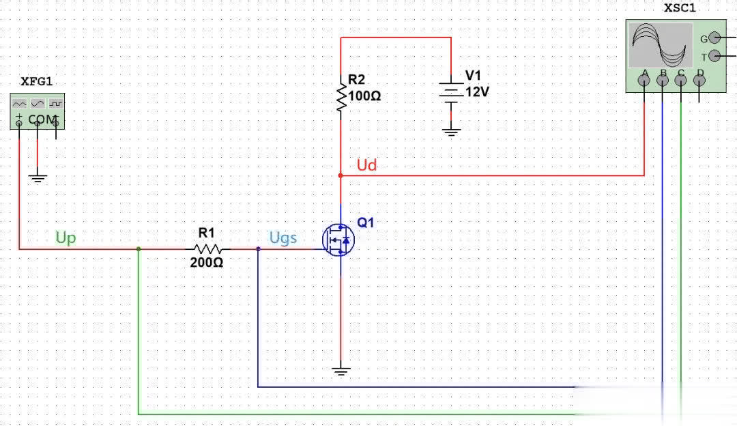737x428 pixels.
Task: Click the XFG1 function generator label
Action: tap(36, 81)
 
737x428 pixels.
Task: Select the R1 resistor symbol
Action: tap(206, 248)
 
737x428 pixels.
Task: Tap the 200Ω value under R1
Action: tap(206, 262)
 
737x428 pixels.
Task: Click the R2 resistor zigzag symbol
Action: tap(341, 96)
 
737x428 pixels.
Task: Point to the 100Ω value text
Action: tap(364, 96)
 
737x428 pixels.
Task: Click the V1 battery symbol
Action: tap(450, 93)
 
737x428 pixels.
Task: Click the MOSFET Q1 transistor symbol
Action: tap(338, 240)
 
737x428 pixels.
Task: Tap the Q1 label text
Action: tap(366, 223)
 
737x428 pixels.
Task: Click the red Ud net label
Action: tap(366, 165)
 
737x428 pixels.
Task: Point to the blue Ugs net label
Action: tap(283, 238)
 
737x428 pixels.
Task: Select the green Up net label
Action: tap(66, 238)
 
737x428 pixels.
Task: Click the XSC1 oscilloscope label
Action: tap(680, 9)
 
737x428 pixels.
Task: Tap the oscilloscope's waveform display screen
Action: tap(660, 44)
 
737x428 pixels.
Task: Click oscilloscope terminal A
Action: tap(644, 81)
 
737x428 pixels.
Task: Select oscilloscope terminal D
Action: tap(699, 81)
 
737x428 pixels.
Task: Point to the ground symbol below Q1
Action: tap(341, 371)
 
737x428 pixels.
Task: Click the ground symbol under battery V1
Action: tap(450, 130)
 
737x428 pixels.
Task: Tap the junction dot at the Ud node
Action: tap(341, 175)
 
